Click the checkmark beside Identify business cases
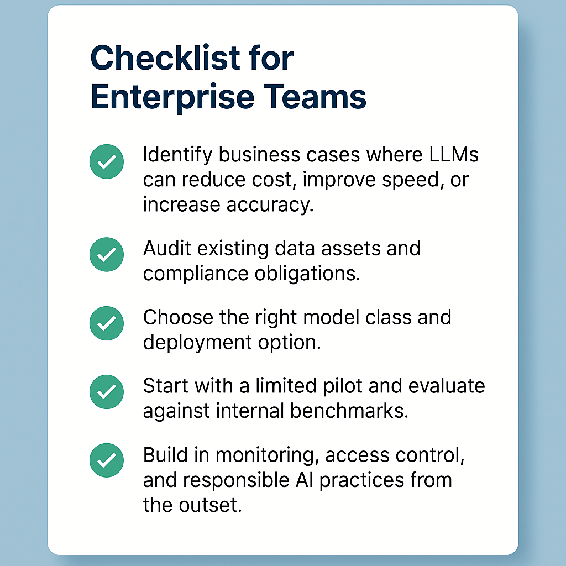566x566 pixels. click(107, 161)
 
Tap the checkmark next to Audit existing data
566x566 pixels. click(107, 254)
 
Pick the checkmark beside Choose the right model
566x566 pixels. click(107, 323)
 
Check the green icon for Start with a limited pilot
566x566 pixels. click(107, 392)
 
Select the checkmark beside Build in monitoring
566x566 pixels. click(107, 460)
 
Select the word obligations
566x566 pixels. click(307, 274)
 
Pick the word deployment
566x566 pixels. click(197, 343)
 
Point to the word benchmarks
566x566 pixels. click(349, 411)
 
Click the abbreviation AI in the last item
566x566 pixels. click(305, 480)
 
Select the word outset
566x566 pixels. click(210, 505)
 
